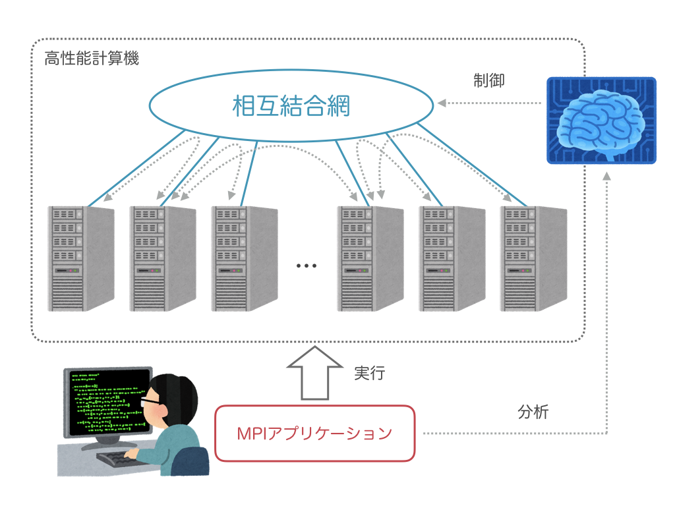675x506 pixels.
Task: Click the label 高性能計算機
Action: (92, 58)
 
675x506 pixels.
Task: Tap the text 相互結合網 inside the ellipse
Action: (291, 106)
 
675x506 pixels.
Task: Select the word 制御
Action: (488, 80)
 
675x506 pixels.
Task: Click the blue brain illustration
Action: (601, 121)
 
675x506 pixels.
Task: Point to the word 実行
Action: (369, 373)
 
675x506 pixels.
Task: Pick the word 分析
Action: (533, 412)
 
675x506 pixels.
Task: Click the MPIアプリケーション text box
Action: (314, 434)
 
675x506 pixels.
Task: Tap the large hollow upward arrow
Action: (314, 373)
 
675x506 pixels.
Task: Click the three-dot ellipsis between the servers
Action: (306, 266)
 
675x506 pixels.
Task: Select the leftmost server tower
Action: (81, 258)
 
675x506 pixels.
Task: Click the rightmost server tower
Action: (533, 258)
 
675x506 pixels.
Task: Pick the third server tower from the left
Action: (245, 258)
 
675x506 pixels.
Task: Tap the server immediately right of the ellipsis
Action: (370, 258)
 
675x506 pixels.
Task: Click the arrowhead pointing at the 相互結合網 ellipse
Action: (442, 103)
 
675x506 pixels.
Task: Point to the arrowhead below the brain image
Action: (606, 176)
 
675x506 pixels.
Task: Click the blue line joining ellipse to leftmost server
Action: (136, 168)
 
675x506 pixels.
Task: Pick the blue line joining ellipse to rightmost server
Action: (471, 165)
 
